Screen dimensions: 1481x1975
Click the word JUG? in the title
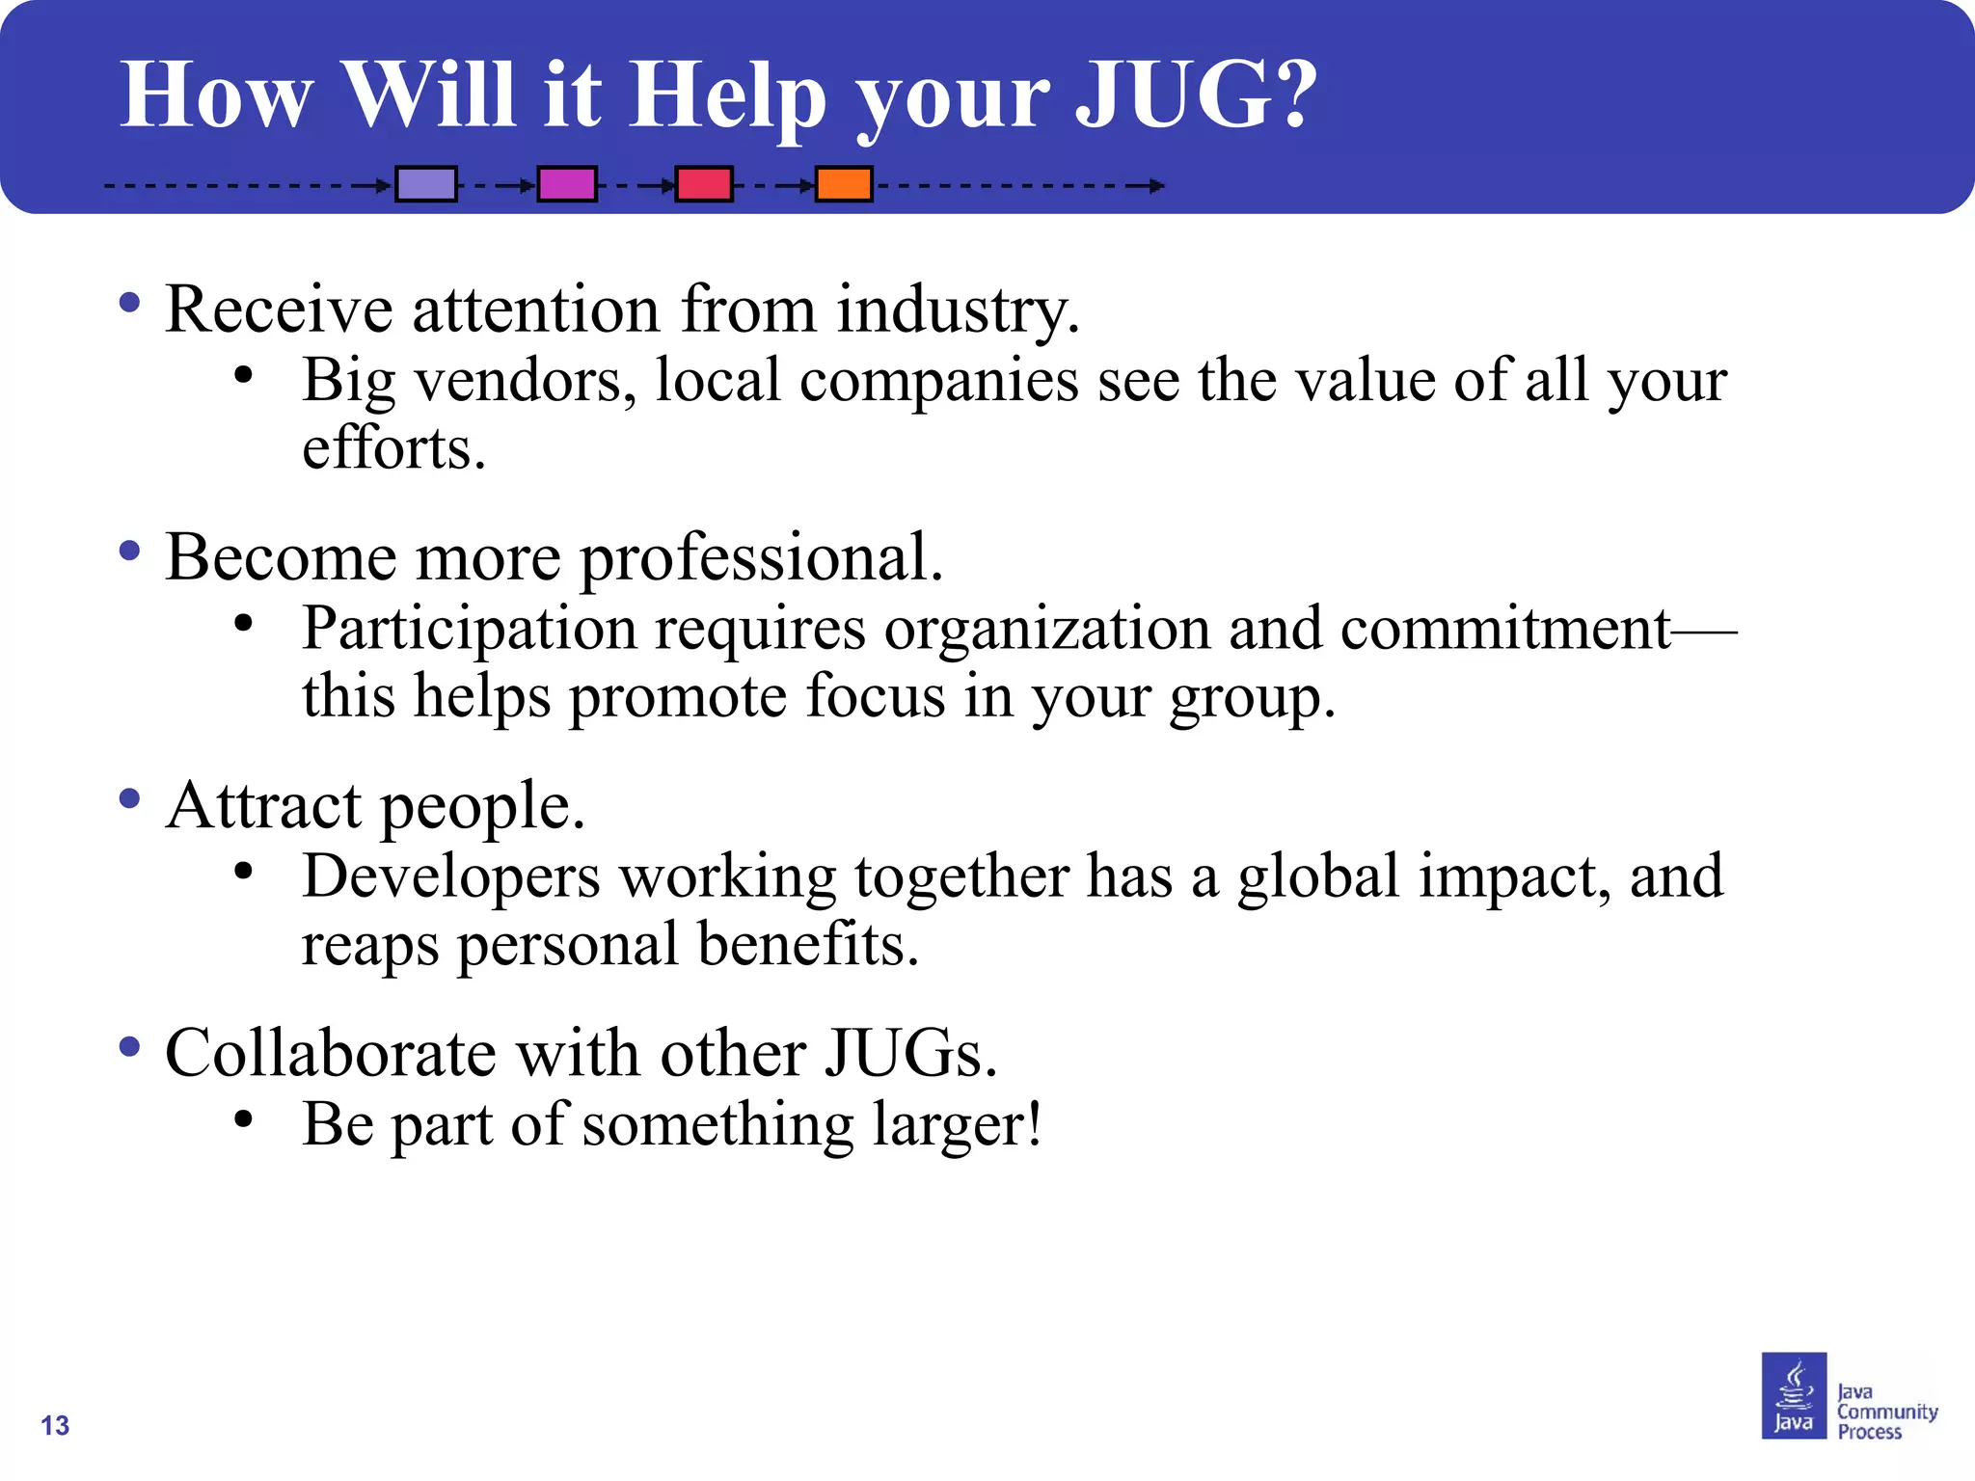coord(1196,94)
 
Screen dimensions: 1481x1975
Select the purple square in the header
coord(426,184)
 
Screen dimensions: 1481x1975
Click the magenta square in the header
coord(567,184)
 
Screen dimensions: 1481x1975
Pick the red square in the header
coord(704,184)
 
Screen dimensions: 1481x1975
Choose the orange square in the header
coord(844,184)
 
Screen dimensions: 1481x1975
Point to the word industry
coord(958,311)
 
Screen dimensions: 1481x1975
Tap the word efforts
coord(393,448)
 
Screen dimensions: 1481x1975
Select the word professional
coord(761,558)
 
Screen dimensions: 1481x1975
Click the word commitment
coord(1504,629)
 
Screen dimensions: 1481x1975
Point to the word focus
coord(875,696)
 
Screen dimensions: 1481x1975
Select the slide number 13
coord(55,1425)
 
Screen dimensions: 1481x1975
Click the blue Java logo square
coord(1794,1395)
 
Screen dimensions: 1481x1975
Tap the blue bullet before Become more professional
coord(129,552)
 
